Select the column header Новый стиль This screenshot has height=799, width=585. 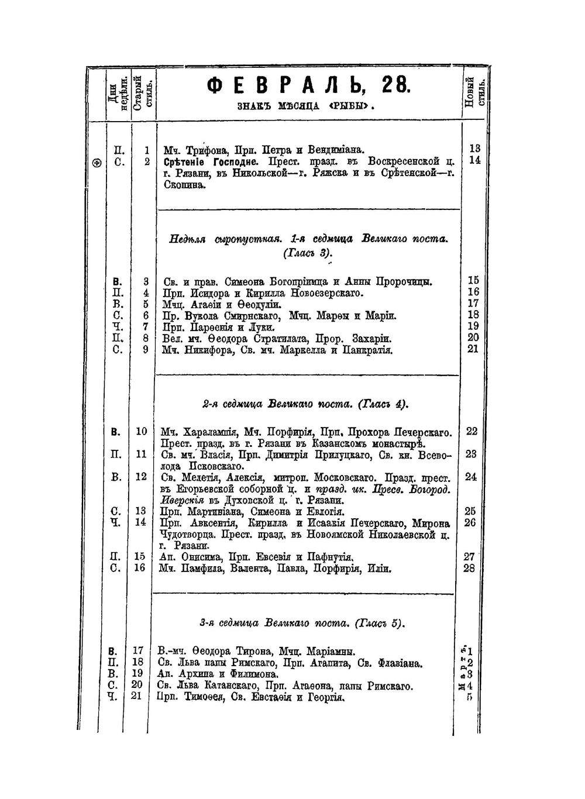point(474,93)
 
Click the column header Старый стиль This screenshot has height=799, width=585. point(143,92)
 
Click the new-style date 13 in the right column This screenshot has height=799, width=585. point(474,149)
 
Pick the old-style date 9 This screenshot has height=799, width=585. point(146,350)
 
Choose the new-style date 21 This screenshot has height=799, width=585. point(473,349)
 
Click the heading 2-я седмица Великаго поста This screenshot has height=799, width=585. point(304,404)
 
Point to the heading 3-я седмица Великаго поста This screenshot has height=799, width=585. point(302,624)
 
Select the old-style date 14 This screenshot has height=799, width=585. point(140,522)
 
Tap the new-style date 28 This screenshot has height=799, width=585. point(470,568)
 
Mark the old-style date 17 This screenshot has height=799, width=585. point(138,651)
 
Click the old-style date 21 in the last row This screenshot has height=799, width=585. point(136,697)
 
